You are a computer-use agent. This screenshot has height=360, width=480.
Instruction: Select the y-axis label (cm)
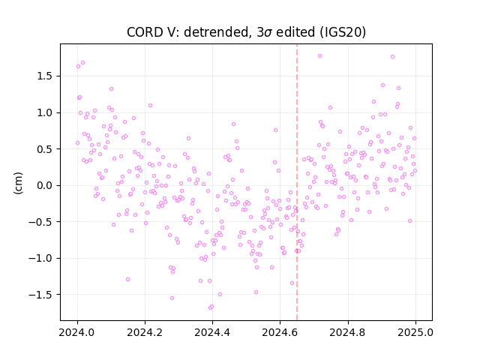[18, 183]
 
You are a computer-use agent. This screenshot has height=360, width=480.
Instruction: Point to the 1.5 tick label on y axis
[46, 76]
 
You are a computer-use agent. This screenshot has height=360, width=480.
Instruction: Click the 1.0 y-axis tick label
[46, 112]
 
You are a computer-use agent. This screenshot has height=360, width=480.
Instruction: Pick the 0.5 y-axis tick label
[46, 149]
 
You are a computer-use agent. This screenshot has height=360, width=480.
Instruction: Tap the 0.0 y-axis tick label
[46, 185]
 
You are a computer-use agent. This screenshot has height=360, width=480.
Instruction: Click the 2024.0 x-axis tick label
[77, 332]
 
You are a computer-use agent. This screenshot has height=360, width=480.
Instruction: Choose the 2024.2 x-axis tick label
[145, 332]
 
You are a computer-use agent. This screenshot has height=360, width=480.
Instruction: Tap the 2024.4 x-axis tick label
[212, 332]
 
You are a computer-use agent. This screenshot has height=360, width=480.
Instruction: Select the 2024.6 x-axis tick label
[280, 332]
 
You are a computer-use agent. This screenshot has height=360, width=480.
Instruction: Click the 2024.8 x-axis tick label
[348, 332]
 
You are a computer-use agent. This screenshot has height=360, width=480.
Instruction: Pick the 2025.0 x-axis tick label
[415, 332]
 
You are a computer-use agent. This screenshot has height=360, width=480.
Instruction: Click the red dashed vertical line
[297, 182]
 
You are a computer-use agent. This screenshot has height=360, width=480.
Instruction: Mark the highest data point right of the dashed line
[320, 56]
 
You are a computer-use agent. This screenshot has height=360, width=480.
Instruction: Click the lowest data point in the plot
[210, 307]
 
